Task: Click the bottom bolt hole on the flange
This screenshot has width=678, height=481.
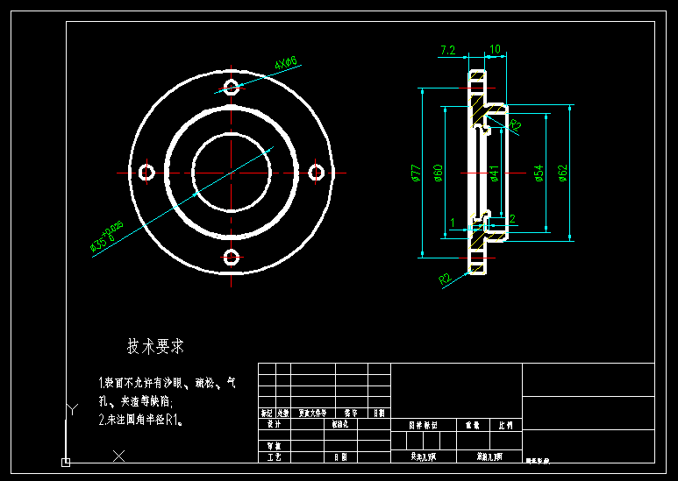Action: [x=232, y=258]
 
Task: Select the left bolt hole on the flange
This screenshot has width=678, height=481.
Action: [x=146, y=172]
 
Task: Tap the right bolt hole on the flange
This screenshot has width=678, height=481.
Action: [x=318, y=172]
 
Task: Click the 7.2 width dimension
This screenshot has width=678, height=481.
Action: [x=447, y=50]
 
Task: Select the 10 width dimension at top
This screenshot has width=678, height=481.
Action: [x=495, y=50]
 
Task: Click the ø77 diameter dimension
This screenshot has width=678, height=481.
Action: [x=417, y=173]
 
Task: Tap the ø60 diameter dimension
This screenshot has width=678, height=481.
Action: [x=438, y=173]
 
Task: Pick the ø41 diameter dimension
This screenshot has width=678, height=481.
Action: [x=495, y=173]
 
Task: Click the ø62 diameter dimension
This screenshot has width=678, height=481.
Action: [x=563, y=173]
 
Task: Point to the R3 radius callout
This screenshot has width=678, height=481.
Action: [x=516, y=125]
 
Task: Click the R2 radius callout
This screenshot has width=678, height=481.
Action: [x=446, y=279]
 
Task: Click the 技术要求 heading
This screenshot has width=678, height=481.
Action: [x=155, y=347]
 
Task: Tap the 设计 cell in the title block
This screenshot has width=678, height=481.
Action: [x=272, y=423]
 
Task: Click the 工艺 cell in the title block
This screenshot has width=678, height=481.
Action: [x=272, y=456]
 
